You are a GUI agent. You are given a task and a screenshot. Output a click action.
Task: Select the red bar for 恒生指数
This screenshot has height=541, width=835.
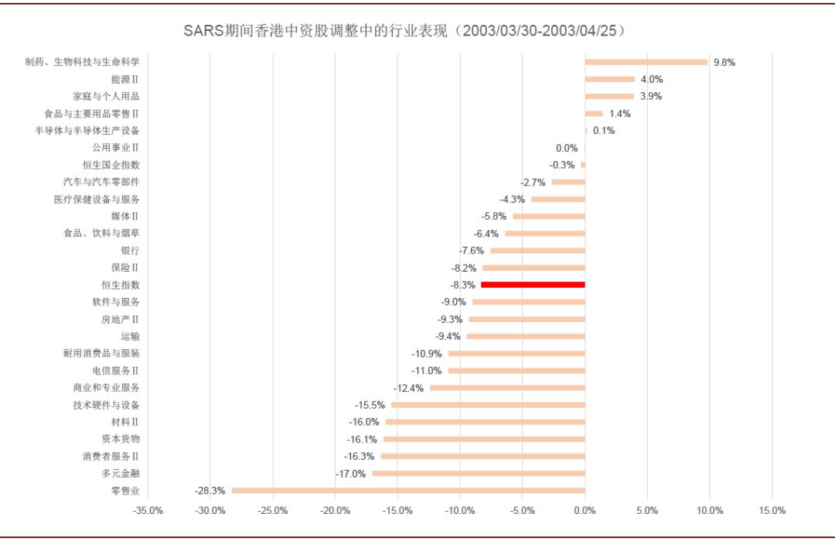click(533, 285)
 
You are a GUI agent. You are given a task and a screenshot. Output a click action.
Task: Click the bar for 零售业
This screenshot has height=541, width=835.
click(408, 490)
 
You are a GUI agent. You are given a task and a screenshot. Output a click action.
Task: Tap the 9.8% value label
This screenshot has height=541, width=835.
click(724, 63)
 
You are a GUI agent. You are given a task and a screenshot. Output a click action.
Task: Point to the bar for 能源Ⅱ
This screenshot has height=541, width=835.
click(610, 79)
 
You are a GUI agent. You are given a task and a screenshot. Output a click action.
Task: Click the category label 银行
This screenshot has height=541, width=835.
click(130, 251)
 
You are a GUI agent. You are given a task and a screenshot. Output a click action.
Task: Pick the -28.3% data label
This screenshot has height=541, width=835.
click(210, 491)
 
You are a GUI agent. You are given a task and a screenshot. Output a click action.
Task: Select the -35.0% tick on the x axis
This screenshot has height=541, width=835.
click(148, 511)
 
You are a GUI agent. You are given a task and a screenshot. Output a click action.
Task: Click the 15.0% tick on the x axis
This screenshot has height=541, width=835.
click(772, 511)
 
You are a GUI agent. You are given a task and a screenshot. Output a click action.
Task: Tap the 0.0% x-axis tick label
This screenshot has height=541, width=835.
click(584, 511)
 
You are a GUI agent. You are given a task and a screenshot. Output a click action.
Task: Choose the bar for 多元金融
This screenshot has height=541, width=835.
click(479, 473)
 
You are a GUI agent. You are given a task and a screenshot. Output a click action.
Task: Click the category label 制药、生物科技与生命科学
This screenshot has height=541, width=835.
click(83, 62)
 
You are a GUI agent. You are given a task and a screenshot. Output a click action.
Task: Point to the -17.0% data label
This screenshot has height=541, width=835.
click(350, 474)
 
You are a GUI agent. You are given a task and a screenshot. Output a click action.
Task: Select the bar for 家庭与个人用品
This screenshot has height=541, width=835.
click(609, 97)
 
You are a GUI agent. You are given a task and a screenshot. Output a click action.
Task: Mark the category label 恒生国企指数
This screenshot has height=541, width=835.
click(111, 165)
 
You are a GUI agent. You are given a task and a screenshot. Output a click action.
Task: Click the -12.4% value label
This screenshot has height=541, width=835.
click(408, 388)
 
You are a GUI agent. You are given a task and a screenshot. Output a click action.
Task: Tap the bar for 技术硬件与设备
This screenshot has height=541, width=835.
click(488, 405)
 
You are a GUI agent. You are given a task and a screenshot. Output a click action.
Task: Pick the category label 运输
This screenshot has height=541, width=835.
click(130, 336)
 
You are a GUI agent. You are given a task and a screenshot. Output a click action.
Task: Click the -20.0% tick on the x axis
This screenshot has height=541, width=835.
click(335, 511)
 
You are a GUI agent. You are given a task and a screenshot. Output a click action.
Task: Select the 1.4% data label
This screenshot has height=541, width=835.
click(619, 114)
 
